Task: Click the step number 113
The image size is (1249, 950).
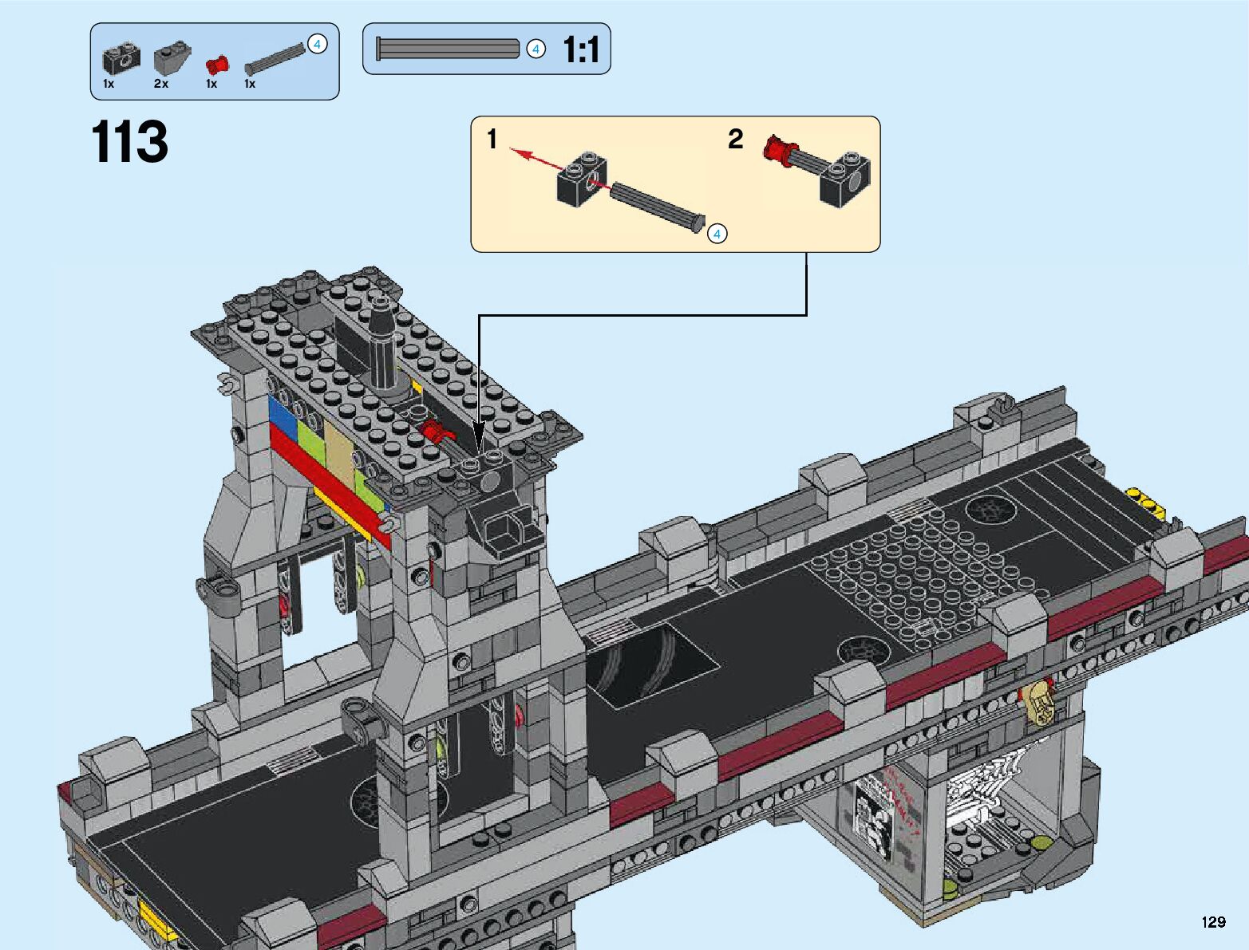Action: click(129, 141)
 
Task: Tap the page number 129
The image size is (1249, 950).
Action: click(1214, 921)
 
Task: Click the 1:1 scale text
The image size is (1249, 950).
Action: click(580, 49)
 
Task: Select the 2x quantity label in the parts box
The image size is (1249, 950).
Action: click(161, 84)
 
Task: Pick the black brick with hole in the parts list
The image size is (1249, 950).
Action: click(121, 59)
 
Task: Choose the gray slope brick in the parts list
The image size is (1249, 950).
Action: click(172, 58)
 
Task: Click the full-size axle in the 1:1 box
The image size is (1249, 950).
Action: click(448, 49)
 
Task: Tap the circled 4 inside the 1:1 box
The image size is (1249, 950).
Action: click(536, 49)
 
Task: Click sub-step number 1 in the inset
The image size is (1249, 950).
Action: click(492, 139)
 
